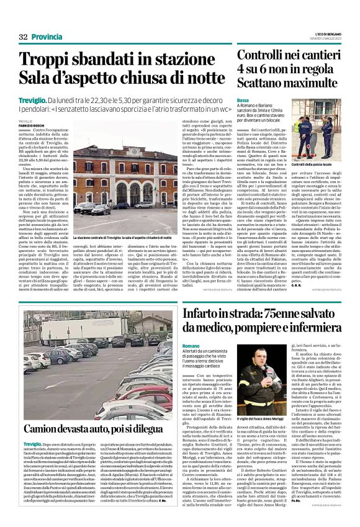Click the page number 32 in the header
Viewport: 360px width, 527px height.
[x=24, y=37]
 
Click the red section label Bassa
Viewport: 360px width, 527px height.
[x=243, y=100]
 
